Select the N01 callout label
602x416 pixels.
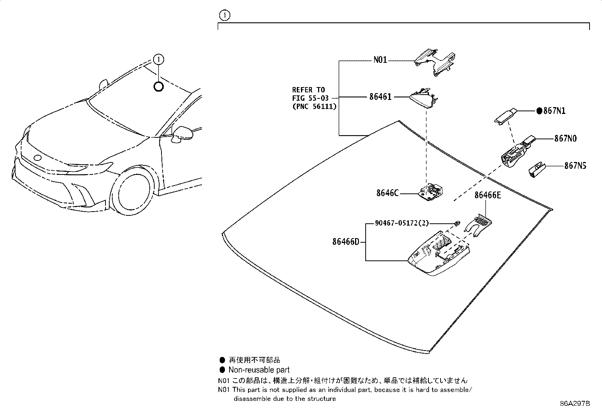click(x=380, y=60)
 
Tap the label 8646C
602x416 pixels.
click(x=387, y=193)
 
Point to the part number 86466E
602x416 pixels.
click(x=487, y=195)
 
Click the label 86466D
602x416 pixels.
click(x=346, y=241)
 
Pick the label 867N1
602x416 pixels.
click(x=554, y=111)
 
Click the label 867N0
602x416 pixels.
click(x=565, y=139)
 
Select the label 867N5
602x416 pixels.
click(x=575, y=166)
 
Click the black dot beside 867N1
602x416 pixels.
click(x=539, y=111)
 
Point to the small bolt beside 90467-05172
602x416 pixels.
click(x=457, y=223)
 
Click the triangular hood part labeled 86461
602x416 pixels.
click(x=424, y=98)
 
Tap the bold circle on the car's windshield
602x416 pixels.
click(x=159, y=87)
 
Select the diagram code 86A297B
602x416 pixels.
click(x=575, y=404)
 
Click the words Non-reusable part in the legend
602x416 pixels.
click(x=259, y=370)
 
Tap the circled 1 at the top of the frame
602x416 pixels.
click(x=225, y=16)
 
